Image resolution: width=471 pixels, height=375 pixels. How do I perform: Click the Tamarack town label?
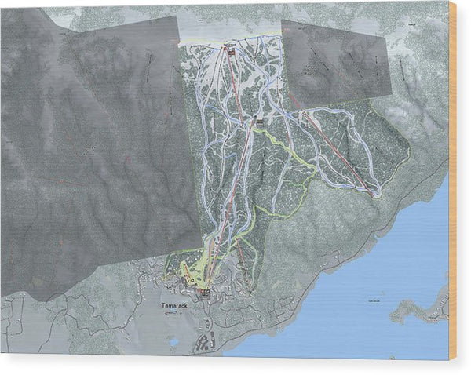pos(176,305)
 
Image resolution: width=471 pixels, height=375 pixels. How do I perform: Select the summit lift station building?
pos(231,50)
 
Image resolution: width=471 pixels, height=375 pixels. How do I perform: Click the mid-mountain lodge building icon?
pos(259,122)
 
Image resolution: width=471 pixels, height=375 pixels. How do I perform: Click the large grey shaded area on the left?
pos(94,157)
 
